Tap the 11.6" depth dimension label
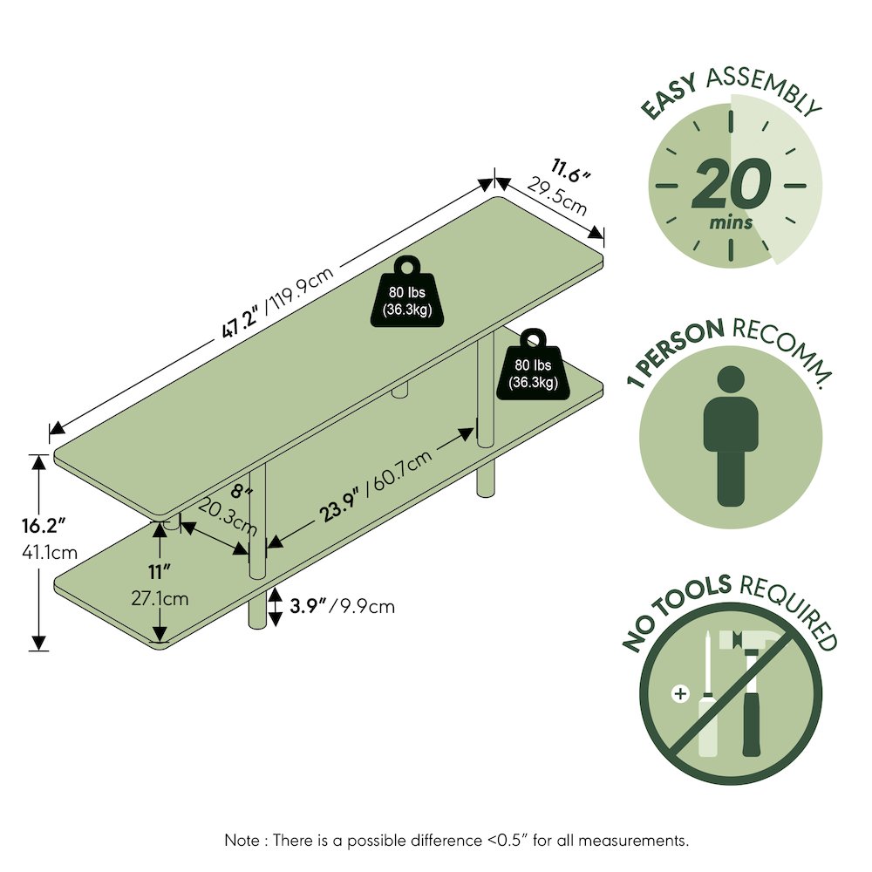570,171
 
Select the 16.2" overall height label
44,526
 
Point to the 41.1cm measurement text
50,552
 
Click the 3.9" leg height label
308,606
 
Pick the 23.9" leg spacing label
339,502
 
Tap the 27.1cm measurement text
160,598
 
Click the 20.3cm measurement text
228,517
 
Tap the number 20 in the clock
732,184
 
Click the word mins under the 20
731,222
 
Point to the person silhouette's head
731,380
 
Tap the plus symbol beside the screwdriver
680,693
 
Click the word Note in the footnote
242,840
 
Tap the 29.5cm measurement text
556,196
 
